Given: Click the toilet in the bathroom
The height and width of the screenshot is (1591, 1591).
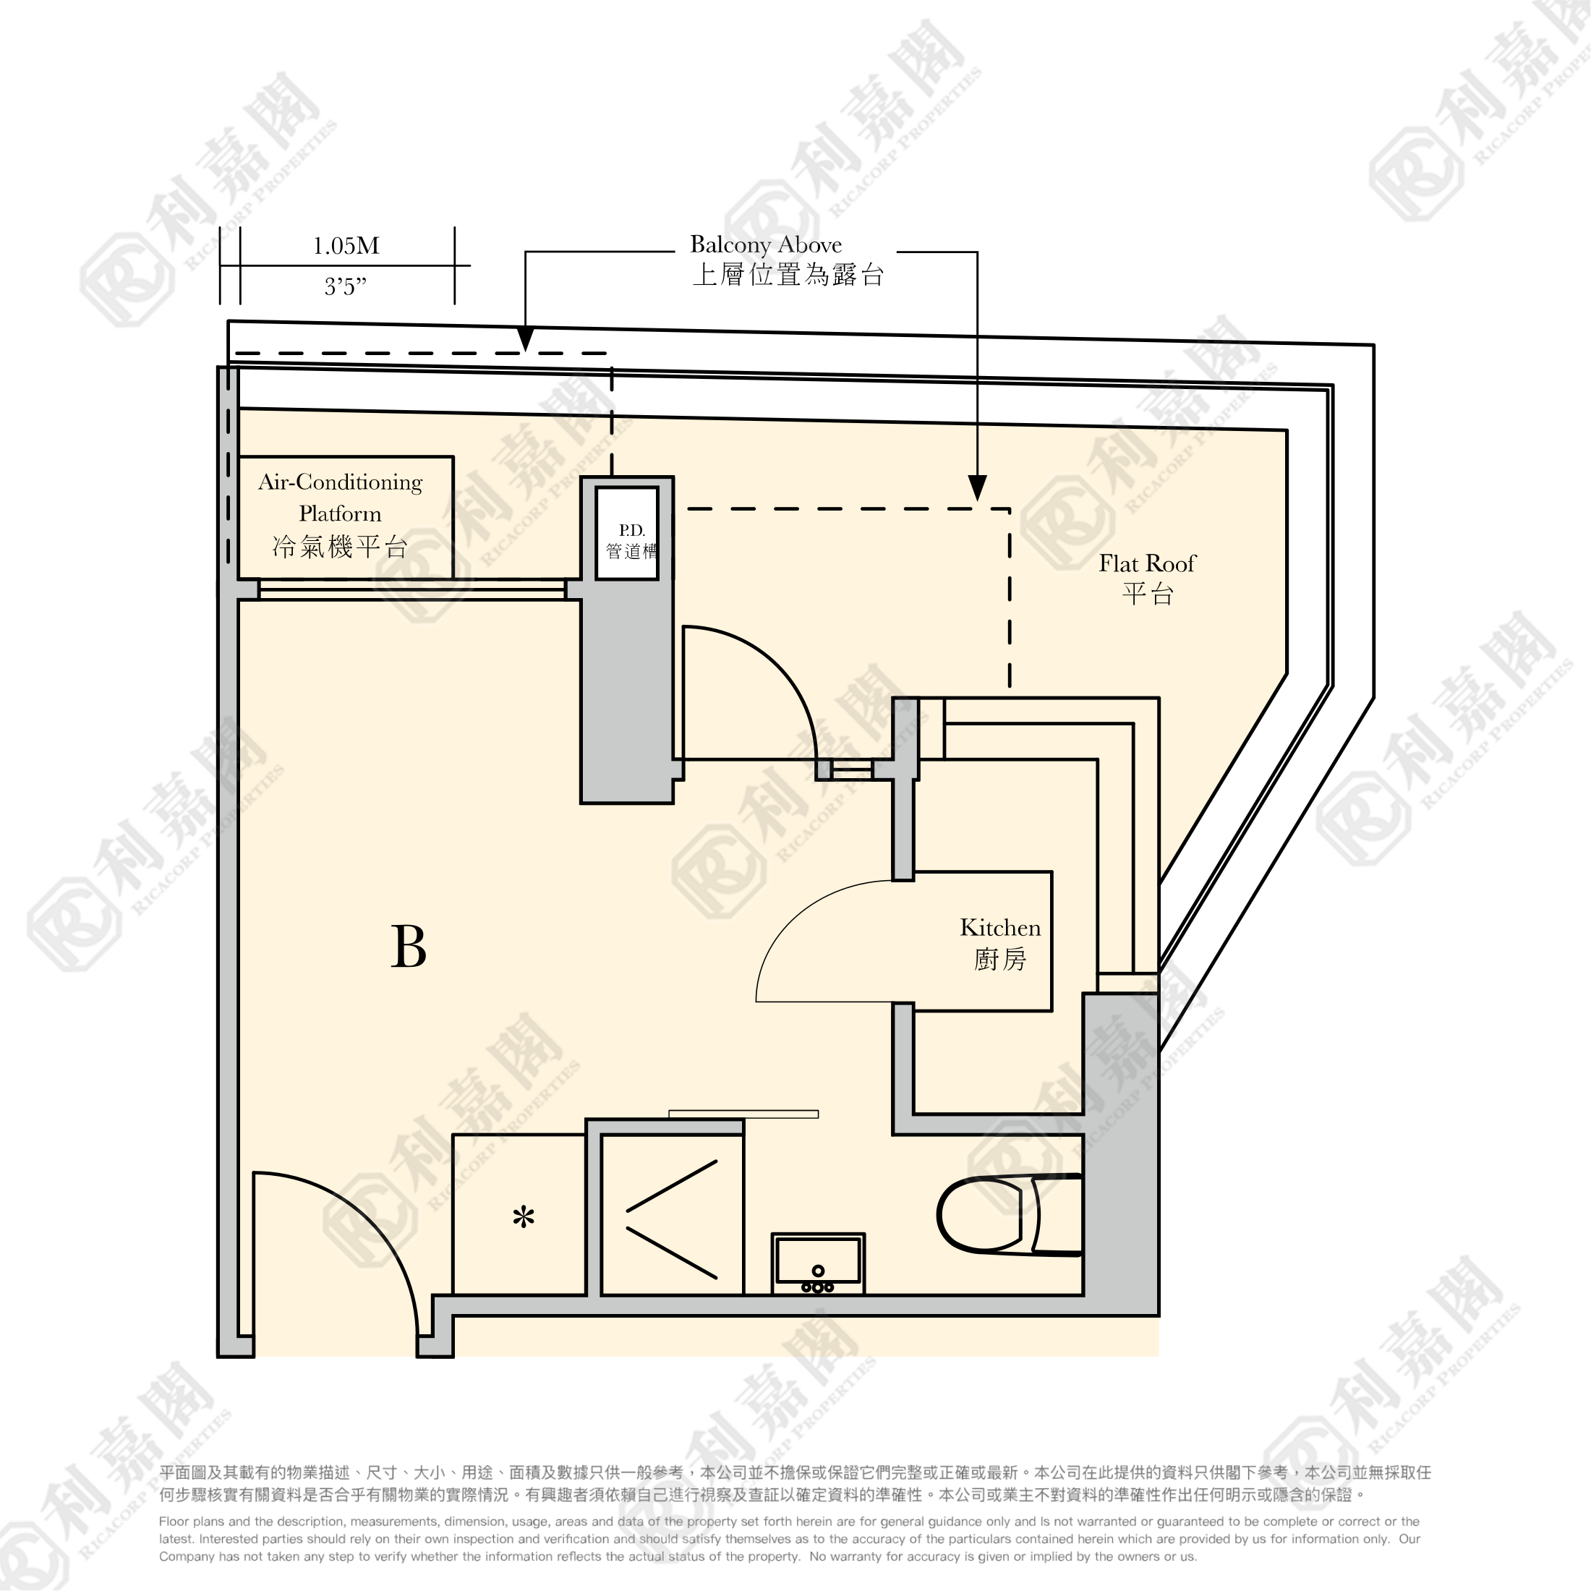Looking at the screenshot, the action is pyautogui.click(x=1009, y=1215).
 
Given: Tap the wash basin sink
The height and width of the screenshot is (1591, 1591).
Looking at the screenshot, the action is pyautogui.click(x=818, y=1263).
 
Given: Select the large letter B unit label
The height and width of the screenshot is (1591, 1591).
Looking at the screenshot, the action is pyautogui.click(x=409, y=947).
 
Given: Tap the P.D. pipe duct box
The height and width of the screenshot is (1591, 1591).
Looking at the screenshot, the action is pyautogui.click(x=628, y=534).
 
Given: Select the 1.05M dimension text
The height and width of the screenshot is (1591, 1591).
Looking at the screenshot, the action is pyautogui.click(x=346, y=245).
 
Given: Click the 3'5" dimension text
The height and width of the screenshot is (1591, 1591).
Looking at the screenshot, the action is pyautogui.click(x=345, y=286).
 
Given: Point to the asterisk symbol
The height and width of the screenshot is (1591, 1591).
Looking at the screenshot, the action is pyautogui.click(x=524, y=1217).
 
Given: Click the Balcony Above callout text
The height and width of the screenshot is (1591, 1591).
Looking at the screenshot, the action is pyautogui.click(x=766, y=244).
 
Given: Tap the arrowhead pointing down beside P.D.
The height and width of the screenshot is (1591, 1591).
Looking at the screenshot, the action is pyautogui.click(x=526, y=339).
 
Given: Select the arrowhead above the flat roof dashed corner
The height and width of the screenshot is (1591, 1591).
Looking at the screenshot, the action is pyautogui.click(x=978, y=487).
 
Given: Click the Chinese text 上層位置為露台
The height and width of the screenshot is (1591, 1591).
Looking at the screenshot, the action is pyautogui.click(x=788, y=275).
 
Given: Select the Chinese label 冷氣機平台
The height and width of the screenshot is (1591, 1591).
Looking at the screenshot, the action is pyautogui.click(x=340, y=547).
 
